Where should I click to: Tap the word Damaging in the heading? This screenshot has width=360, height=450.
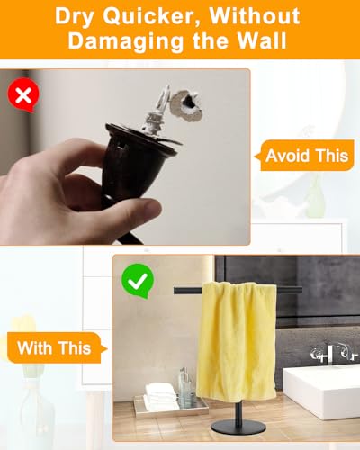pyautogui.click(x=125, y=40)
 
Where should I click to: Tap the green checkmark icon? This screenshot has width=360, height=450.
pyautogui.click(x=138, y=281)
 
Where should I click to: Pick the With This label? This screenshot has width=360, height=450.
pyautogui.click(x=57, y=347)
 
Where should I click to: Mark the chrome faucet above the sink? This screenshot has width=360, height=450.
pyautogui.click(x=333, y=354)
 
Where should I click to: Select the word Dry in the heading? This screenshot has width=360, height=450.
pyautogui.click(x=75, y=17)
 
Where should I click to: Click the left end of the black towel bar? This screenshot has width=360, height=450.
pyautogui.click(x=175, y=291)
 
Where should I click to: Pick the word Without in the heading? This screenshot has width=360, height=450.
pyautogui.click(x=255, y=15)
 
